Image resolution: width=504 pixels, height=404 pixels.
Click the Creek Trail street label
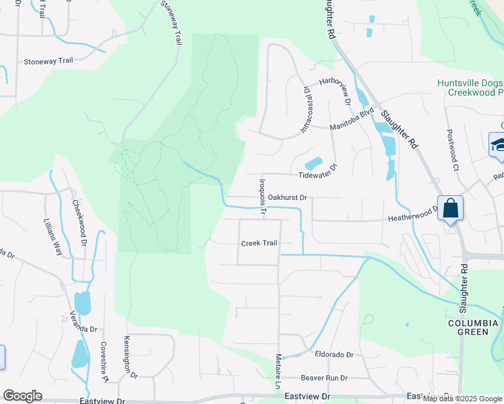click(259, 242)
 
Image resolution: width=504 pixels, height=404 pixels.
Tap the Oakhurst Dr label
click(288, 198)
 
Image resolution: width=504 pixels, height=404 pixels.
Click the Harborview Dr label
click(335, 91)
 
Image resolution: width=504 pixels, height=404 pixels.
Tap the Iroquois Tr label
click(263, 195)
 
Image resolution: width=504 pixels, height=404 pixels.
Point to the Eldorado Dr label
click(334, 354)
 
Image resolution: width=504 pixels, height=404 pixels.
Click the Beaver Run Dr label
click(324, 378)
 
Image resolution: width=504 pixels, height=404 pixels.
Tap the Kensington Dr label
click(130, 356)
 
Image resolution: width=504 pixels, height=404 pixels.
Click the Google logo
click(22, 396)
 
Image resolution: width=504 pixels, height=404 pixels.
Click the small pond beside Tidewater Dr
click(313, 164)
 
